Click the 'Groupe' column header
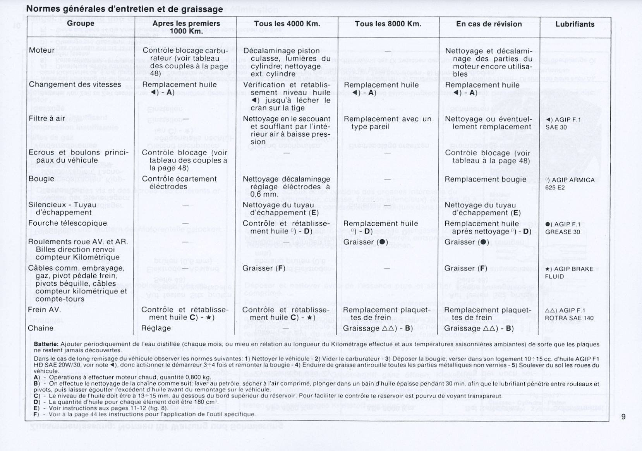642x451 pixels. pyautogui.click(x=81, y=24)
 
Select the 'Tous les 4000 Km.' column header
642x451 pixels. pyautogui.click(x=287, y=24)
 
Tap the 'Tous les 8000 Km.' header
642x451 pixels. pyautogui.click(x=388, y=24)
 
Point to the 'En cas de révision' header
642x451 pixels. pyautogui.click(x=489, y=24)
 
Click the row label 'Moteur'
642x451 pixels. pyautogui.click(x=42, y=50)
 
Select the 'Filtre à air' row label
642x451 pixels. pyautogui.click(x=47, y=118)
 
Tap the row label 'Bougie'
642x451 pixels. pyautogui.click(x=41, y=179)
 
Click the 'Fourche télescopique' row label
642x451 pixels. pyautogui.click(x=67, y=223)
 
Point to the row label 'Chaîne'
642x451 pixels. pyautogui.click(x=41, y=328)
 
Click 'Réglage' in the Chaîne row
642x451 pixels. pyautogui.click(x=156, y=328)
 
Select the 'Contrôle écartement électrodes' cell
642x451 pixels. pyautogui.click(x=179, y=183)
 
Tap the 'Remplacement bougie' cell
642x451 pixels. pyautogui.click(x=485, y=179)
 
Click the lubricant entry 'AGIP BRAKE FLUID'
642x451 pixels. pyautogui.click(x=569, y=273)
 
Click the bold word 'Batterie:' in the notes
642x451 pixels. pyautogui.click(x=46, y=344)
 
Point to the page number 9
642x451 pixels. pyautogui.click(x=623, y=417)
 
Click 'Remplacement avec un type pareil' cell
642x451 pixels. pyautogui.click(x=387, y=123)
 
